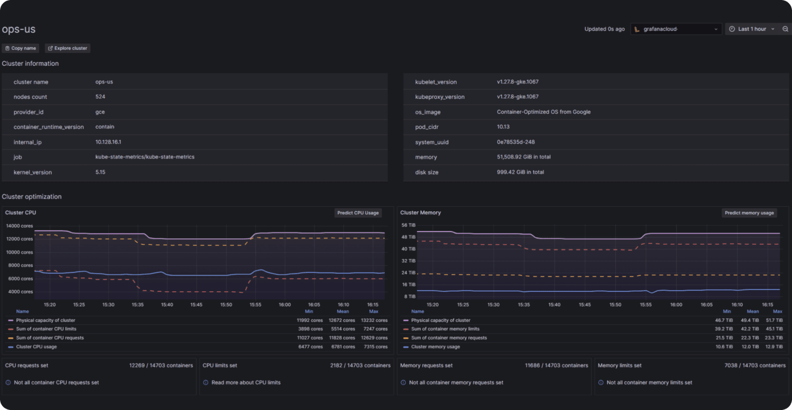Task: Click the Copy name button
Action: pyautogui.click(x=21, y=48)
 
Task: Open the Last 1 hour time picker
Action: pyautogui.click(x=752, y=29)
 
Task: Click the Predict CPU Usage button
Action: pyautogui.click(x=358, y=213)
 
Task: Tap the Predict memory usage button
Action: pyautogui.click(x=749, y=213)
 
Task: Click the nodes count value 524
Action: pyautogui.click(x=100, y=97)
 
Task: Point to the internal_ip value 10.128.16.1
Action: pyautogui.click(x=108, y=142)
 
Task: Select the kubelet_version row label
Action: pyautogui.click(x=436, y=82)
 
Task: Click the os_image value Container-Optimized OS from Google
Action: pyautogui.click(x=544, y=112)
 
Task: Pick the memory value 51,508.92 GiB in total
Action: pyautogui.click(x=523, y=157)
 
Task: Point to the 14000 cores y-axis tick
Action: pyautogui.click(x=19, y=226)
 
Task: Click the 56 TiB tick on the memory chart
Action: pyautogui.click(x=408, y=225)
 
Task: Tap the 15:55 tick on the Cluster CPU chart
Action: pyautogui.click(x=255, y=305)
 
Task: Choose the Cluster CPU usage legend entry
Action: pyautogui.click(x=36, y=347)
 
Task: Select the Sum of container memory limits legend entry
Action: pyautogui.click(x=445, y=329)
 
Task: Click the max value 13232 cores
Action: pyautogui.click(x=374, y=320)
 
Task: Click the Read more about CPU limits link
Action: pyautogui.click(x=246, y=383)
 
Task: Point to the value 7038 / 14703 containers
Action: pyautogui.click(x=755, y=366)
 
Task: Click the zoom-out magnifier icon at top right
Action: pyautogui.click(x=785, y=29)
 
